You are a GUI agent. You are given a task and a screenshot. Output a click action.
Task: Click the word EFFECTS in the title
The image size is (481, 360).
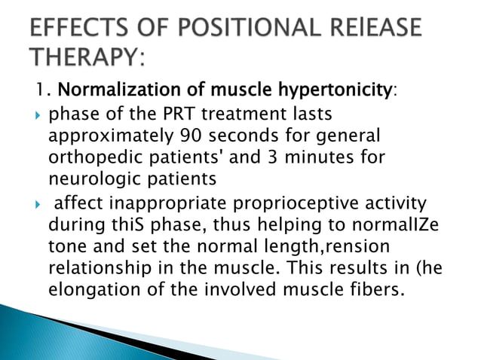(79, 27)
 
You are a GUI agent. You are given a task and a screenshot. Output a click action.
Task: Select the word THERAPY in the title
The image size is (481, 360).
(87, 56)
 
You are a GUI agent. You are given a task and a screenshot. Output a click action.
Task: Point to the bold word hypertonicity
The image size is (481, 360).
(335, 90)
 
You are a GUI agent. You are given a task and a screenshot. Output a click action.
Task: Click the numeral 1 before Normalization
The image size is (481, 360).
(39, 89)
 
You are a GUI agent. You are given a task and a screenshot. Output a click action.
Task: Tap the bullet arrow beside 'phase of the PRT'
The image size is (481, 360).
(38, 115)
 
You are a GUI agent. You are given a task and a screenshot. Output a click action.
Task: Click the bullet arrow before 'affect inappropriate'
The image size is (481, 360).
(38, 204)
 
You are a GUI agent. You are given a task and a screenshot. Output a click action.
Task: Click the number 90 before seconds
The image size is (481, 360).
(191, 135)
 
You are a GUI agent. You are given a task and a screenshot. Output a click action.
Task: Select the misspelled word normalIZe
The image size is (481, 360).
(395, 224)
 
